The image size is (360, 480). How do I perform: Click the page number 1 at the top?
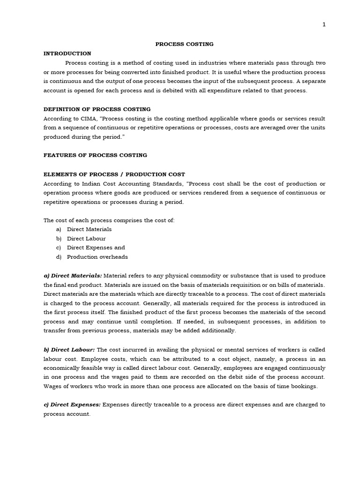[x=323, y=25]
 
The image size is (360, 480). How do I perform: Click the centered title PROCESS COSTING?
[x=184, y=44]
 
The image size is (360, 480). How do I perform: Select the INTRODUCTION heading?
[x=67, y=53]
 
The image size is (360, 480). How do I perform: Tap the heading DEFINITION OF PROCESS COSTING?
[x=97, y=109]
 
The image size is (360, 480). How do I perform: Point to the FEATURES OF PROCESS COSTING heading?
[x=95, y=155]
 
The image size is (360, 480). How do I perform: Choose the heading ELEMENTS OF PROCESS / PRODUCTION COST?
[x=114, y=174]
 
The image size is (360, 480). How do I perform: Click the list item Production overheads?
[x=97, y=257]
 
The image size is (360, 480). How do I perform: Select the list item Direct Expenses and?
[x=96, y=247]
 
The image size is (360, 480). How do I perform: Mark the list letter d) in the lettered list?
[x=59, y=257]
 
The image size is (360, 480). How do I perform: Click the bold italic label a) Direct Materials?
[x=73, y=275]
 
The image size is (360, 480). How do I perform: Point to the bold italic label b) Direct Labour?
[x=69, y=350]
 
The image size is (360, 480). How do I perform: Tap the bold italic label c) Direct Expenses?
[x=72, y=405]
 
